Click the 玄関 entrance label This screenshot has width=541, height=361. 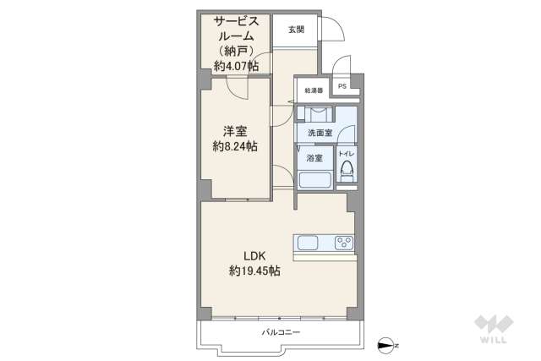pyautogui.click(x=295, y=30)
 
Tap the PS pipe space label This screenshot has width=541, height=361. pyautogui.click(x=342, y=86)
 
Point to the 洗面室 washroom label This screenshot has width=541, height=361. pyautogui.click(x=319, y=133)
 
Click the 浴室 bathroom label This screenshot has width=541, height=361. pyautogui.click(x=314, y=158)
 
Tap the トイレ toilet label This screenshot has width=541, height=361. pyautogui.click(x=347, y=154)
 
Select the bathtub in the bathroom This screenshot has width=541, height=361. pyautogui.click(x=315, y=180)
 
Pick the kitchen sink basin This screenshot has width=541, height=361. pyautogui.click(x=308, y=243)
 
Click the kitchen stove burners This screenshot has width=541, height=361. pyautogui.click(x=344, y=243)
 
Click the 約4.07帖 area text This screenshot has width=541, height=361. pyautogui.click(x=236, y=66)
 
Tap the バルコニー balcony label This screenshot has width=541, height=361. pyautogui.click(x=281, y=332)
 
